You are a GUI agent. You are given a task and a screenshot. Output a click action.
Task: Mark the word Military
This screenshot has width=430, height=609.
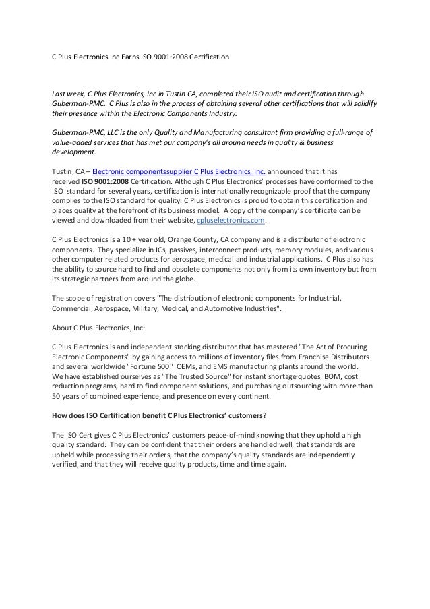pos(142,309)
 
